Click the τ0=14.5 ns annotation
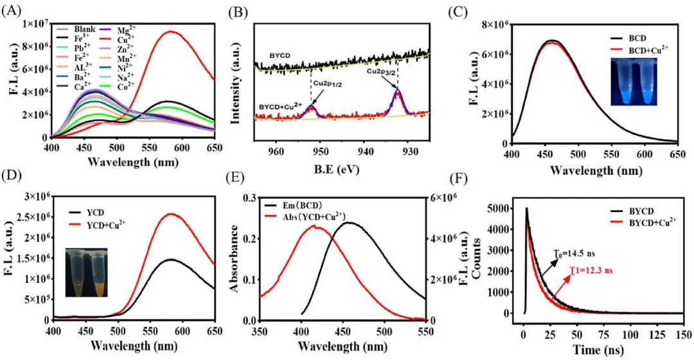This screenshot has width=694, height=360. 574,256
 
